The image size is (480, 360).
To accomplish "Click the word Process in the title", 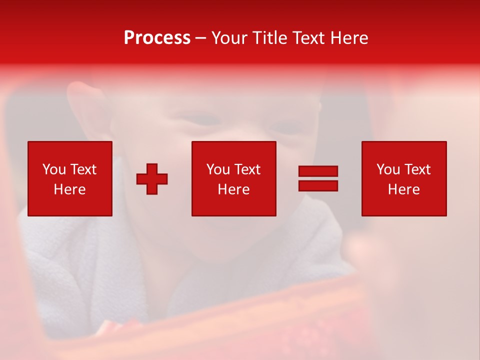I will click(x=157, y=38).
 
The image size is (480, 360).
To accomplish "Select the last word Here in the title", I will click(x=349, y=38).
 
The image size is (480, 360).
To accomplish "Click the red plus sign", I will click(x=152, y=178).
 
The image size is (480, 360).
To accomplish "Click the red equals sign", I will click(x=318, y=178).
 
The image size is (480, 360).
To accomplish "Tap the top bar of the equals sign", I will click(x=318, y=171).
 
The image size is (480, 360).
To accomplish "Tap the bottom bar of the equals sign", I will click(x=318, y=185).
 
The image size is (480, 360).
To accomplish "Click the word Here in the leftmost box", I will click(x=69, y=189).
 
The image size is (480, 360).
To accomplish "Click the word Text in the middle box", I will click(x=247, y=169).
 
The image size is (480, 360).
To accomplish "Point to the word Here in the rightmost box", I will click(x=403, y=189).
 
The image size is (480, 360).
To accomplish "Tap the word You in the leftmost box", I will click(x=54, y=169).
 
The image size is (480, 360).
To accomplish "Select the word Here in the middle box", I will click(x=233, y=189).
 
